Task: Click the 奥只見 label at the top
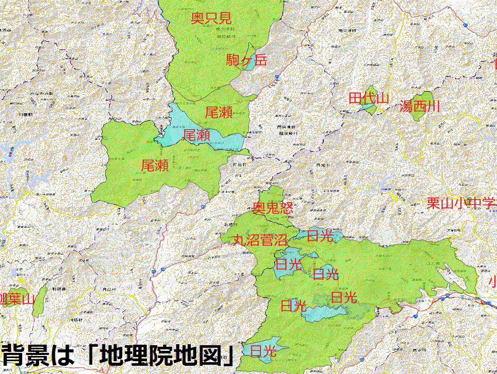(211, 19)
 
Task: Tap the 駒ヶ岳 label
(247, 60)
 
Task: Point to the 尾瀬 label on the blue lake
(196, 136)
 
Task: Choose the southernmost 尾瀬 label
(155, 165)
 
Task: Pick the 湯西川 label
(420, 106)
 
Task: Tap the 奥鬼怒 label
(273, 208)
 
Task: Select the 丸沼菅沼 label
(260, 240)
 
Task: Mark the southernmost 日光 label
(264, 351)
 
